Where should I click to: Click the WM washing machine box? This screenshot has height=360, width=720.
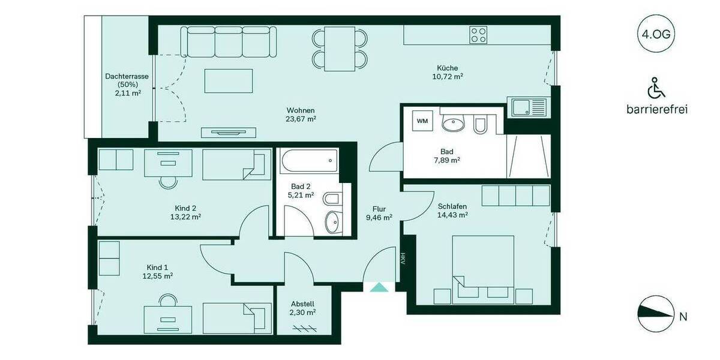coord(422,121)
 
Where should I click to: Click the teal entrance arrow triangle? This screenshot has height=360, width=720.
coord(379,287)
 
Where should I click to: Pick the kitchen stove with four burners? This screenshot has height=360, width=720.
coord(478,34)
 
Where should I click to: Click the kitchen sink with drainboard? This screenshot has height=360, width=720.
coord(528,108)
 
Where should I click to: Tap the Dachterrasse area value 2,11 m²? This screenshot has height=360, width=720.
coord(127,93)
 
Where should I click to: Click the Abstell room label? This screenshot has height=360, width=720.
coord(302,304)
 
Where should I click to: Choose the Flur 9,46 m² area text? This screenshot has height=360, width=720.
coord(379,218)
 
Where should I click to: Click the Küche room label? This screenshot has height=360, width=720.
coord(447,68)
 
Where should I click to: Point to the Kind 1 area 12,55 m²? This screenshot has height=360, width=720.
coord(158,276)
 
